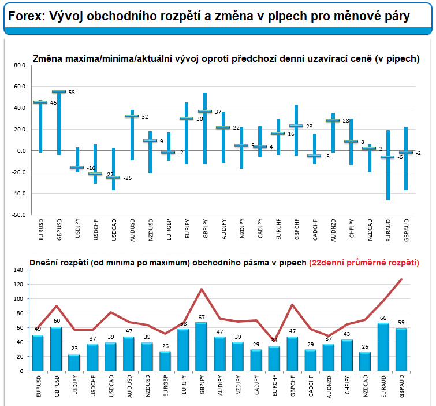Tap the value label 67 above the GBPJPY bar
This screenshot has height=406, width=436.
click(x=201, y=318)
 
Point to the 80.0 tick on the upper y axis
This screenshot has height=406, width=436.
click(x=20, y=66)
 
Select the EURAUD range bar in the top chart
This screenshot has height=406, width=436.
click(x=388, y=165)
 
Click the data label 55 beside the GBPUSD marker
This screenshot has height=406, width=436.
click(x=72, y=93)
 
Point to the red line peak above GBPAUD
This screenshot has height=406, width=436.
click(x=401, y=279)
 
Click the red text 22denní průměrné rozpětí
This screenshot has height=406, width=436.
click(x=364, y=263)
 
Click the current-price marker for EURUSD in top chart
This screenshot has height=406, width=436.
click(x=40, y=102)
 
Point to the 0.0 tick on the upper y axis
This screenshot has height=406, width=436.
click(x=21, y=151)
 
